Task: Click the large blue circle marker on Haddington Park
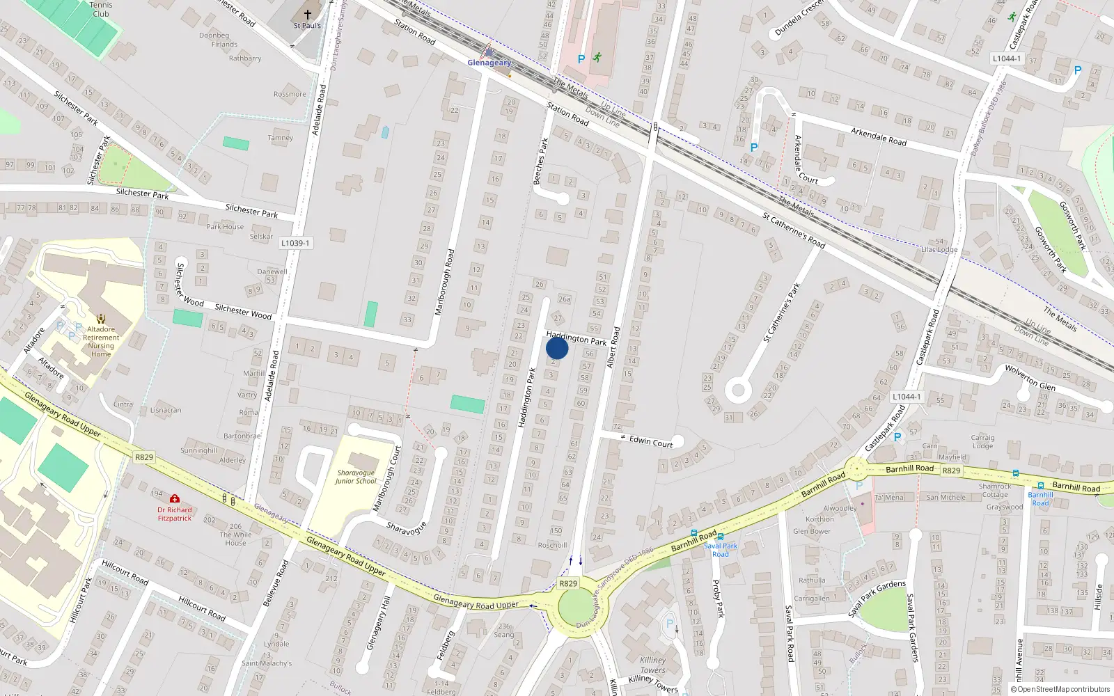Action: point(557,348)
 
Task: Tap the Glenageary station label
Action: point(489,63)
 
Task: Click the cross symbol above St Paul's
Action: point(307,14)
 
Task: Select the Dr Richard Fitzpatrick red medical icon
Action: point(174,498)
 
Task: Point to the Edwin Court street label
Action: point(651,441)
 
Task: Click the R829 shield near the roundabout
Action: point(568,583)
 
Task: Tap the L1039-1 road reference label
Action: point(295,243)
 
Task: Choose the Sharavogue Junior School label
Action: point(356,477)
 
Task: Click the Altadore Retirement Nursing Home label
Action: point(101,342)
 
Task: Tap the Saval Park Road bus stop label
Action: point(721,550)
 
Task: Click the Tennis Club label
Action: point(101,9)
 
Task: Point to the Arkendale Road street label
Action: point(879,136)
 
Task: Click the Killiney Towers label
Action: point(653,665)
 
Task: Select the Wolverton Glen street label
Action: point(1030,377)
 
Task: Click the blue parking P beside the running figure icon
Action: point(581,59)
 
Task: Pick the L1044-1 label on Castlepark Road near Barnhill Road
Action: point(906,397)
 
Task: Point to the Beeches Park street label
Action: point(540,161)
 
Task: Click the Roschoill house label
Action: point(552,545)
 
